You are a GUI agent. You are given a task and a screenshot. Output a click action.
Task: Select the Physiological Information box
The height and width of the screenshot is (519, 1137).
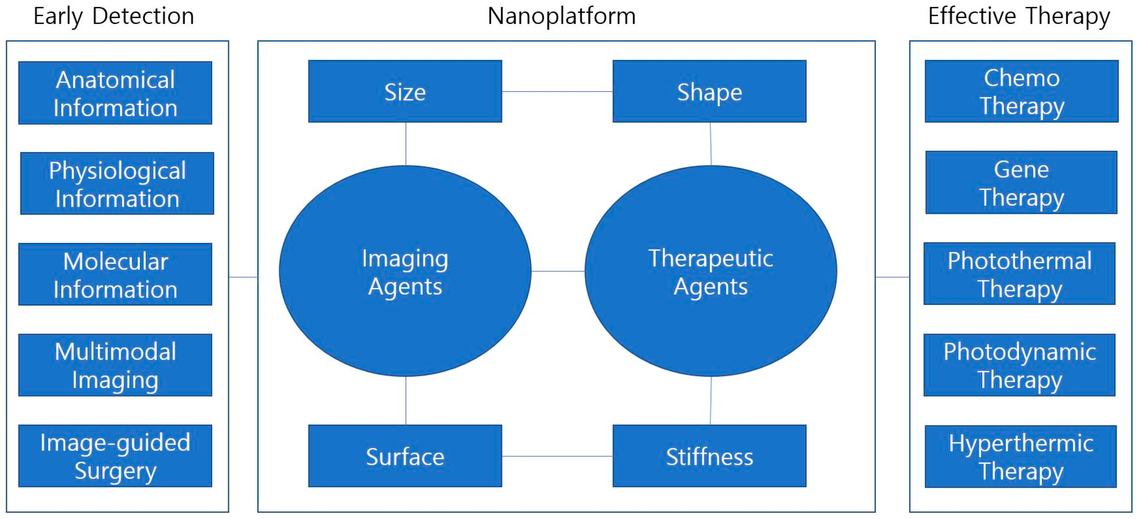117,183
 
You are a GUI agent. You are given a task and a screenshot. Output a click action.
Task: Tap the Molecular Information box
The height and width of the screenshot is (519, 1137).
115,274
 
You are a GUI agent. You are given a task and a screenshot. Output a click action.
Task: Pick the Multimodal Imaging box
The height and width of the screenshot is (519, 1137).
115,365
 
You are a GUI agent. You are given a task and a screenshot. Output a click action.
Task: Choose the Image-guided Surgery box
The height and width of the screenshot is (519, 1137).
115,456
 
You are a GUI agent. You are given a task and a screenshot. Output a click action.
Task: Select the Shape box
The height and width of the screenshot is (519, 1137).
709,91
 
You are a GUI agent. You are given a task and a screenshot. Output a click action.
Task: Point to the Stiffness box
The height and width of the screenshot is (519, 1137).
709,456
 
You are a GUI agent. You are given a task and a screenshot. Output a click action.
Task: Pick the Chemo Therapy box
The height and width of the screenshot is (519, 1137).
1021,91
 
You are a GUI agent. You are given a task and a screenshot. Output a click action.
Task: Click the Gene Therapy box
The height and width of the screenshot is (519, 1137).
1021,183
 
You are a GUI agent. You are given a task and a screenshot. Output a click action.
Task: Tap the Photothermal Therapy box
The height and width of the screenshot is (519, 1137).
1019,274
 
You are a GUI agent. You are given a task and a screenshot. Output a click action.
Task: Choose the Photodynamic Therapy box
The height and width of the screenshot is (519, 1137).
1019,365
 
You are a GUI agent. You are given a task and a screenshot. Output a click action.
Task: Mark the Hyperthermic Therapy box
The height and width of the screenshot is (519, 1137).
1021,456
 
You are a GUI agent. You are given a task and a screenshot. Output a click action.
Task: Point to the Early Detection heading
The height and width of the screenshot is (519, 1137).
114,16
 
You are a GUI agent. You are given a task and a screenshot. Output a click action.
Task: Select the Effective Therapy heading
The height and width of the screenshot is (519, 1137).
1019,16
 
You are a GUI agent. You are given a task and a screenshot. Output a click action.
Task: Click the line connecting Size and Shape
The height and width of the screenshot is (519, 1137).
557,92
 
